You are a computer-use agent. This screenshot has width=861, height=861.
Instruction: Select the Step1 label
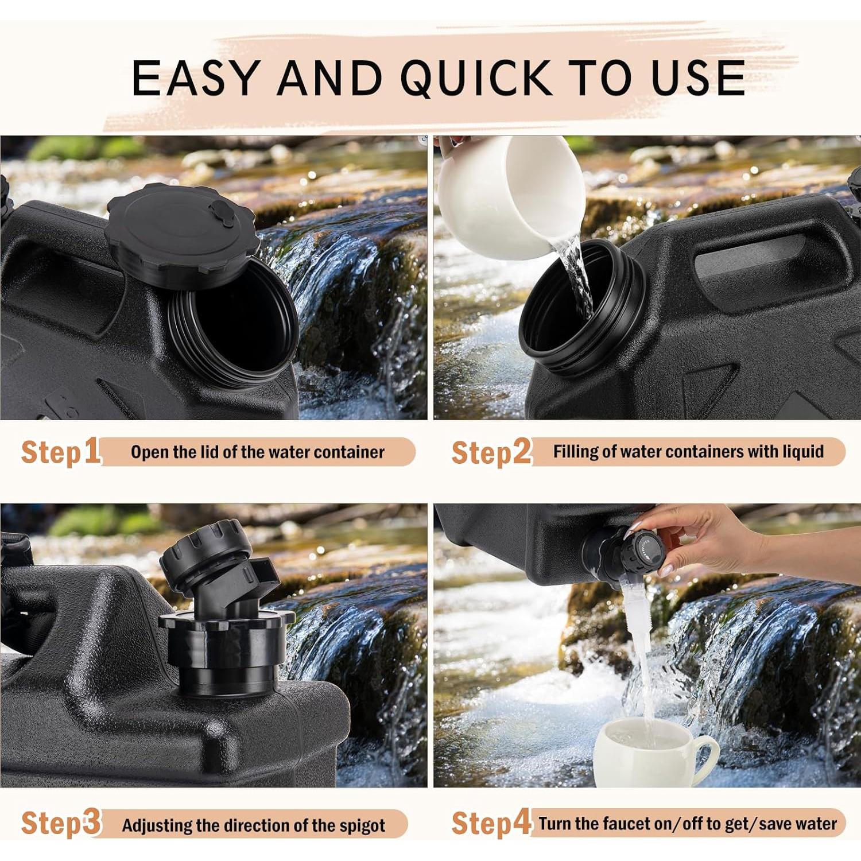[x=60, y=452]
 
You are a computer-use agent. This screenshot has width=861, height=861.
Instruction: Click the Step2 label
[x=491, y=452]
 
